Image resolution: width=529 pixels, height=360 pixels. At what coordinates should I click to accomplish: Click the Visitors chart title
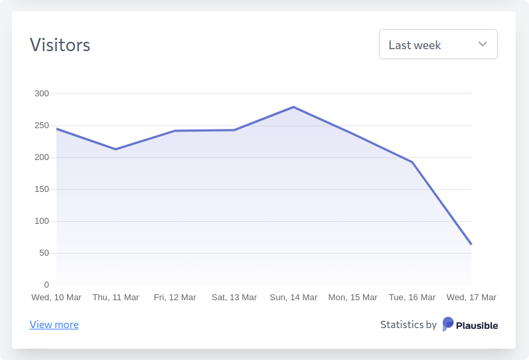point(60,45)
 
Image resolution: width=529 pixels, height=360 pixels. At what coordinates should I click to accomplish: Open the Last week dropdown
point(437,45)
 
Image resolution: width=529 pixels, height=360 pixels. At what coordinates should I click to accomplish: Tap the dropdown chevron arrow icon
point(483,45)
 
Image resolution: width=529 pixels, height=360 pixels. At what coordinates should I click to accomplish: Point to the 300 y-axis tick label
point(42,94)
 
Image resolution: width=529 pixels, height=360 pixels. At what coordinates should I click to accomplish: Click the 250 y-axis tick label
point(42,126)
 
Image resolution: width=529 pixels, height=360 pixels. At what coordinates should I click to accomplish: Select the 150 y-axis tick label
point(42,189)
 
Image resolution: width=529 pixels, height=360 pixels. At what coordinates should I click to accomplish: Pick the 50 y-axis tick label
point(44,253)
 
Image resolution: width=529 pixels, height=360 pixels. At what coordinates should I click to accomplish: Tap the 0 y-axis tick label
point(46,285)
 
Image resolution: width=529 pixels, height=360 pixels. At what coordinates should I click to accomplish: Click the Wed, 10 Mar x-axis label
point(56,298)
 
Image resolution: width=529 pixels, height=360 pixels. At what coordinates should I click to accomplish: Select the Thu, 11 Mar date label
point(115,298)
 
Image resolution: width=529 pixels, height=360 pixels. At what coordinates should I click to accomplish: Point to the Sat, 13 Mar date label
point(234,298)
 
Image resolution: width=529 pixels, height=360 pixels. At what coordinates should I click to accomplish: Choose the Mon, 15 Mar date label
point(352,298)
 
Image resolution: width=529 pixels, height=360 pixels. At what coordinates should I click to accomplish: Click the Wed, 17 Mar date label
point(471,298)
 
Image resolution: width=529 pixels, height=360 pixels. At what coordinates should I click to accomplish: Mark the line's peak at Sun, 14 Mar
point(293,107)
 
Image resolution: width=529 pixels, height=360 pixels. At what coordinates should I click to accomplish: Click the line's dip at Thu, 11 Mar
point(115,149)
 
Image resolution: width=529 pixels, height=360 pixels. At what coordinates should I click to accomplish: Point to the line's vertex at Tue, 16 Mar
point(412,162)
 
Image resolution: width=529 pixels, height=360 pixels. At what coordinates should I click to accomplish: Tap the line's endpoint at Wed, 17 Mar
point(471,244)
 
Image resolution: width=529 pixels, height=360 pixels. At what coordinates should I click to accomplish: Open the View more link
point(54,325)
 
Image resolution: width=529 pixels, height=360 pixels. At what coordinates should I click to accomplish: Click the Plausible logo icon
point(448,324)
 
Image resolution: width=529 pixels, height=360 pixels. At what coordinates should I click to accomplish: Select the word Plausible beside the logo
point(477,325)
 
